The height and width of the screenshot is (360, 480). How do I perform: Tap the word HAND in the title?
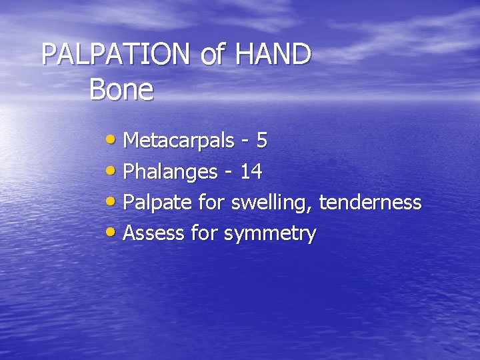[x=273, y=55]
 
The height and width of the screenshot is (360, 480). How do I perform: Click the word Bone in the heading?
[x=121, y=90]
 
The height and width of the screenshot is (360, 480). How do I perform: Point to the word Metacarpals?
[x=179, y=141]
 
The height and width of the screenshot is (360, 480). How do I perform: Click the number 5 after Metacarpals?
[x=262, y=141]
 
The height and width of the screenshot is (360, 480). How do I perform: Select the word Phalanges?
[x=171, y=173]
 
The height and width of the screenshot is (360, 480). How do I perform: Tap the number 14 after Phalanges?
[x=251, y=173]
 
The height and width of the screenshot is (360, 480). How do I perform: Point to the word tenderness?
[x=371, y=203]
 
